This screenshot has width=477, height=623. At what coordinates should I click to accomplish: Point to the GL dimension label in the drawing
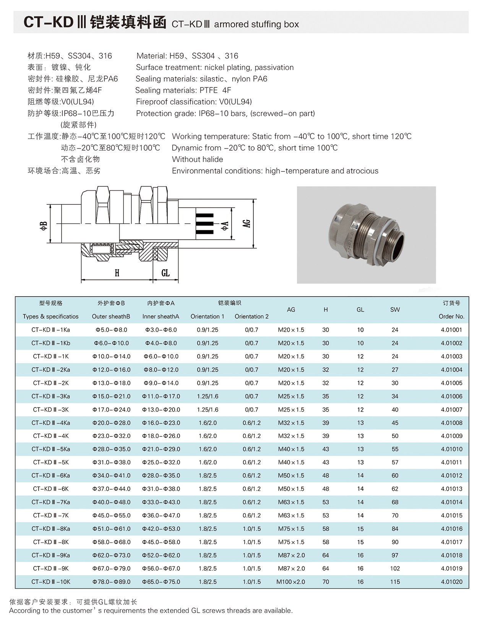[165, 273]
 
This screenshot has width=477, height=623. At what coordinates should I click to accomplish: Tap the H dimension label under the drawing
[117, 273]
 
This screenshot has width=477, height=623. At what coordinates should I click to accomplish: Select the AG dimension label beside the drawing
[247, 223]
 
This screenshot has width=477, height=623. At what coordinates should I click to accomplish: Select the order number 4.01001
[451, 330]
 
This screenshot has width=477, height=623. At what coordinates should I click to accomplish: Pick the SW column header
[395, 310]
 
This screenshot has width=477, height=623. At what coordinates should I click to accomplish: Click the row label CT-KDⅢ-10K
[51, 582]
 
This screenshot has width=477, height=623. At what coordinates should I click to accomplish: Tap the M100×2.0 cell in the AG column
[291, 582]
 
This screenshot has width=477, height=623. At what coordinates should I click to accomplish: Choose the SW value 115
[395, 582]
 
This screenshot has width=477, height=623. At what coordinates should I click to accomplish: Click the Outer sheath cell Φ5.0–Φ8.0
[111, 330]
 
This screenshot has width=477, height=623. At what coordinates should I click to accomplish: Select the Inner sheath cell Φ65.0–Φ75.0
[161, 582]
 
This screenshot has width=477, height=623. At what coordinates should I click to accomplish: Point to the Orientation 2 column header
[251, 316]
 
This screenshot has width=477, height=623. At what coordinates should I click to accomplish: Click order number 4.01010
[451, 449]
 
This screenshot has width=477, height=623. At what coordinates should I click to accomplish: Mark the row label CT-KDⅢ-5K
[51, 462]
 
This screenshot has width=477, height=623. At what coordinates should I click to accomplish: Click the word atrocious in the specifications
[362, 171]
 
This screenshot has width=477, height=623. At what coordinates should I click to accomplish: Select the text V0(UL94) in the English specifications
[235, 102]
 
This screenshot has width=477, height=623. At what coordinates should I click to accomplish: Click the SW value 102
[395, 568]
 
